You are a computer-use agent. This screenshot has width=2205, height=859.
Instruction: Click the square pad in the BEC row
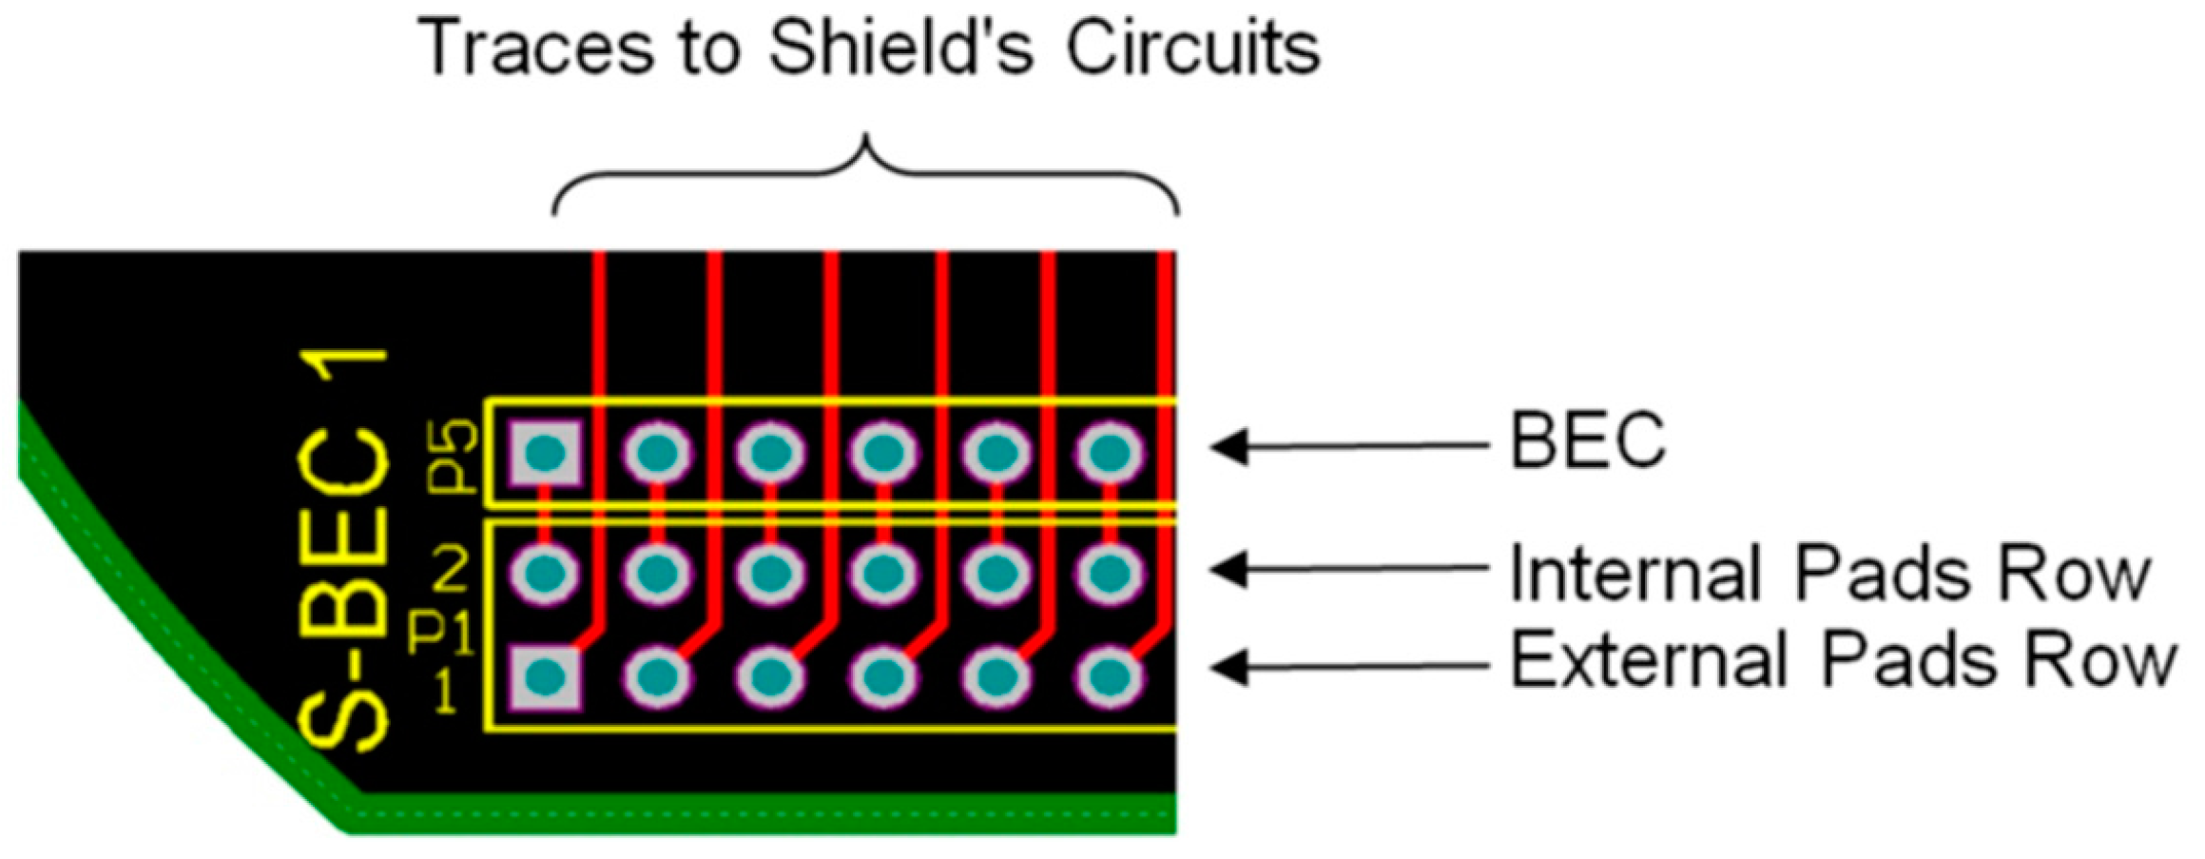(545, 452)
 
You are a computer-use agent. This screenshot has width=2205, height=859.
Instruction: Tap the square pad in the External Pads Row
(545, 677)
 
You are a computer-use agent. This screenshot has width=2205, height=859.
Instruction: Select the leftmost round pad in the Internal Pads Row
(545, 573)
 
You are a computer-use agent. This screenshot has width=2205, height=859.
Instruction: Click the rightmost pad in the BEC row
(1109, 452)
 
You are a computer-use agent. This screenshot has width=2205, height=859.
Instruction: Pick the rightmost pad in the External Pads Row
(1109, 677)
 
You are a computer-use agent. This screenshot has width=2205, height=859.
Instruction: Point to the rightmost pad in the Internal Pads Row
(1109, 573)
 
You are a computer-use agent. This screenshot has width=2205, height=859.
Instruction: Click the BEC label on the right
(1588, 440)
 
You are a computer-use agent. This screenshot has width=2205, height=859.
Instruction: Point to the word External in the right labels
(1650, 660)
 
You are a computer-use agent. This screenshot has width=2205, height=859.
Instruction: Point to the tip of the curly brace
(865, 141)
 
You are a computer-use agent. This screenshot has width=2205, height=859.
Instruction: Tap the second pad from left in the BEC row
(657, 452)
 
